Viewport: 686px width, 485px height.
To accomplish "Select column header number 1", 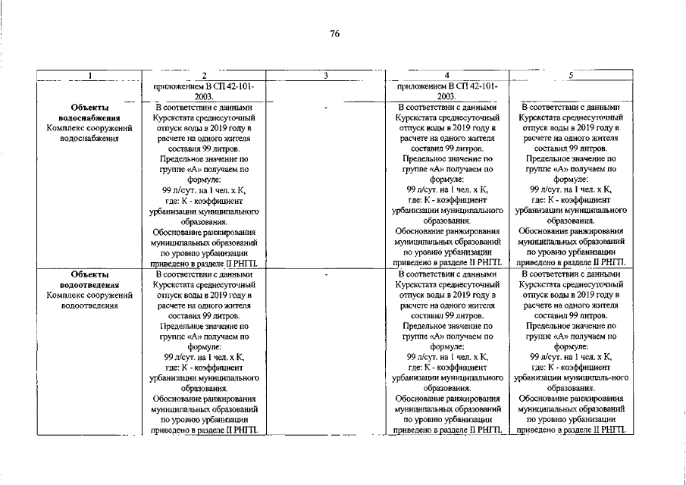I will tap(89, 75).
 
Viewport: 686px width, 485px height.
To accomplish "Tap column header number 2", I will tap(204, 75).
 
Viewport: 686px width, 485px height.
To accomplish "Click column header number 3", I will tap(324, 75).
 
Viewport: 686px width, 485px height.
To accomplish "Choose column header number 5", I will tap(570, 75).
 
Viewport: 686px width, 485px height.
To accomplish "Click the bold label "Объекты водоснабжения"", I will tap(89, 113).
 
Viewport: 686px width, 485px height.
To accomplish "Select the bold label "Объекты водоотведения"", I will tap(89, 280).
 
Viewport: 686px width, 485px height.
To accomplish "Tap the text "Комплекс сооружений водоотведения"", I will tap(89, 301).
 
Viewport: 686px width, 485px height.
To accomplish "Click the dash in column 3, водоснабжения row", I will tap(324, 108).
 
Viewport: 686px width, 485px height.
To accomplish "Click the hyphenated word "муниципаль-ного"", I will tap(598, 377).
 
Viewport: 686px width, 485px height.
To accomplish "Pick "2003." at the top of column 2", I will tap(204, 97).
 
